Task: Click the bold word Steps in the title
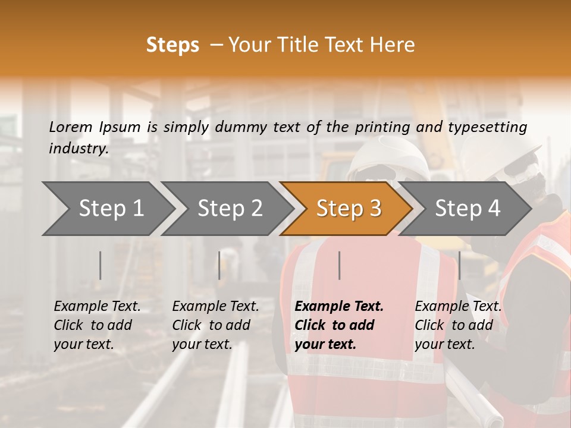pos(172,45)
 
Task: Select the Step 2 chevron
pos(230,208)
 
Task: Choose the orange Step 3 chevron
pos(349,208)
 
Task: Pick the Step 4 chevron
pos(468,208)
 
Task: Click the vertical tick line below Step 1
pos(101,265)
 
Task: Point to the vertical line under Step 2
pos(219,265)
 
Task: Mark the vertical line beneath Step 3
pos(339,265)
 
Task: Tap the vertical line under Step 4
pos(459,265)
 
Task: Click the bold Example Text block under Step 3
pos(339,325)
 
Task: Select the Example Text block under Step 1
pos(97,325)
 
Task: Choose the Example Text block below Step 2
pos(215,325)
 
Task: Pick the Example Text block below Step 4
pos(458,325)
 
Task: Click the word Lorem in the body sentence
pos(71,127)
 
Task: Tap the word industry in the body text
pos(78,148)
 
